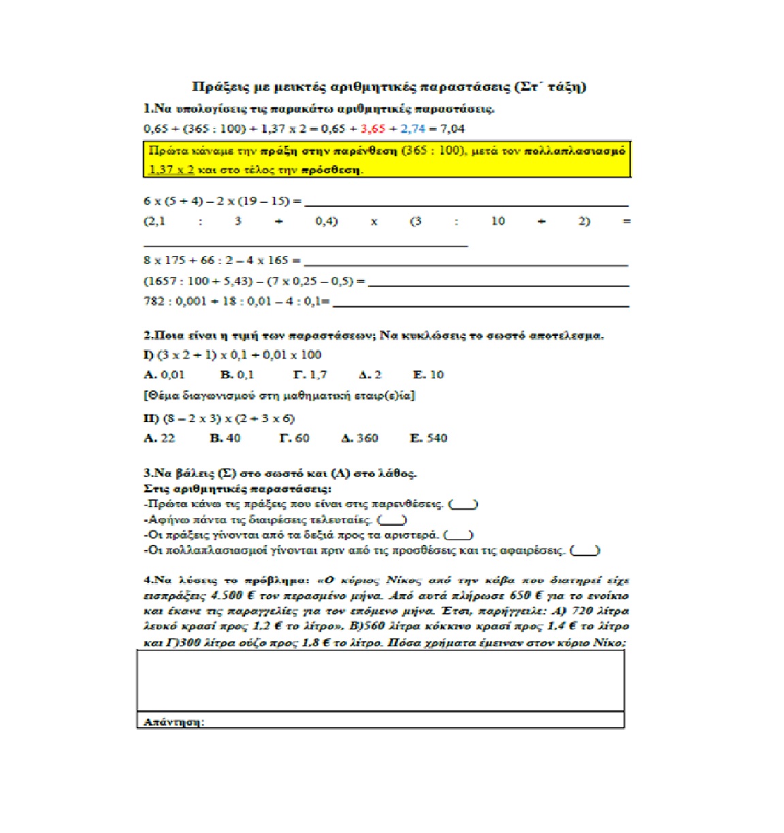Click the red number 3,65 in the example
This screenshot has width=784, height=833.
[x=373, y=128]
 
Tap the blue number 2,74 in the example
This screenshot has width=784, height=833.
[x=413, y=128]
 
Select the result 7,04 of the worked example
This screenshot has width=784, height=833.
[x=453, y=128]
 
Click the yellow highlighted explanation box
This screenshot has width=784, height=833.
[x=387, y=159]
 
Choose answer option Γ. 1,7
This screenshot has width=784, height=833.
[x=310, y=374]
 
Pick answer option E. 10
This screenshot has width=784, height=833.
[x=428, y=374]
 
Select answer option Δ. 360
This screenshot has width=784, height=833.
[x=359, y=438]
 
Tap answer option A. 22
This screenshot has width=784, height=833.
[x=159, y=438]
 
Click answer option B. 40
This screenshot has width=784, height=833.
[x=225, y=438]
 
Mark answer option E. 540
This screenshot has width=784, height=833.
[x=429, y=438]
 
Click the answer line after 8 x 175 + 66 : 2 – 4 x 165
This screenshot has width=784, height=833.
[x=465, y=263]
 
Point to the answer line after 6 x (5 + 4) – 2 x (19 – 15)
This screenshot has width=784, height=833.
[x=465, y=203]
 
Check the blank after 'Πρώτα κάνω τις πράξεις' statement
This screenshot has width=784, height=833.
[x=463, y=505]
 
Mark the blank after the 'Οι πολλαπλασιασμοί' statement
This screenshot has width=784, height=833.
[x=585, y=551]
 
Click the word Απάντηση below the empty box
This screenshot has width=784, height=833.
[x=174, y=721]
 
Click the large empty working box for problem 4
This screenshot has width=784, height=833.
[x=380, y=681]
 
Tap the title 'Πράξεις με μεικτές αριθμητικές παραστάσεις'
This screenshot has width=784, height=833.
[x=389, y=86]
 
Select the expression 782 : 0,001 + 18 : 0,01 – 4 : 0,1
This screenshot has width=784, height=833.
[x=236, y=301]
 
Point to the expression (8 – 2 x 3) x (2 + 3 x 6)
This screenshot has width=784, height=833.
[x=219, y=418]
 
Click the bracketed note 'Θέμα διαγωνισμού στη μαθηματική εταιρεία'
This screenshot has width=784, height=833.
[x=279, y=395]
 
